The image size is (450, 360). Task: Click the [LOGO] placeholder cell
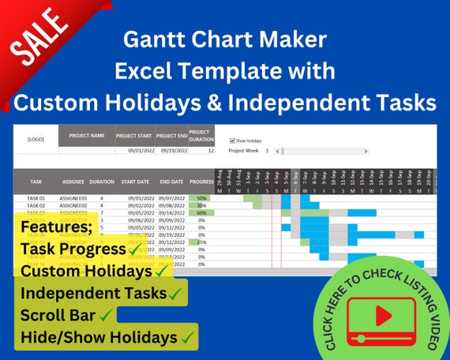[36, 139]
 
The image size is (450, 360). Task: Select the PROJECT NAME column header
[87, 135]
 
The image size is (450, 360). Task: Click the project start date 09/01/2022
[140, 150]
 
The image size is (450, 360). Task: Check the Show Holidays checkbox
[231, 141]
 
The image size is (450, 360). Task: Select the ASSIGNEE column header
[73, 180]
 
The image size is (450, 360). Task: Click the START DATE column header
[135, 180]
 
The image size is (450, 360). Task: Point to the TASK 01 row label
[36, 198]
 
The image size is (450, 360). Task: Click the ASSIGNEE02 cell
[73, 205]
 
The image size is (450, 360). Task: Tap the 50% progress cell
[202, 198]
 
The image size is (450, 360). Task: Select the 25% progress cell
[202, 242]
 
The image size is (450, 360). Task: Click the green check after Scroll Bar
[104, 315]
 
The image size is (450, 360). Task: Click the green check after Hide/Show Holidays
[188, 337]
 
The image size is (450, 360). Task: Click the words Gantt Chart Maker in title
[224, 39]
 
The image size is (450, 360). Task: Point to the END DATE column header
[171, 180]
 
